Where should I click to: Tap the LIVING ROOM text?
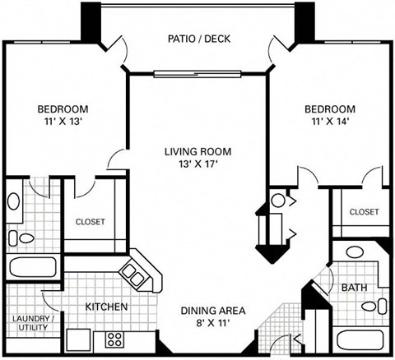click(x=197, y=151)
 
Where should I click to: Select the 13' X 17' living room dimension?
click(x=197, y=164)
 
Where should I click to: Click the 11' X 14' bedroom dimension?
click(x=330, y=122)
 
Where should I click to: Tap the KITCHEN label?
click(x=106, y=307)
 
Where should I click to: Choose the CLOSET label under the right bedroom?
click(x=364, y=212)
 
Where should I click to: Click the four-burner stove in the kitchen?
click(x=114, y=339)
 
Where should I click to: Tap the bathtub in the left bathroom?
click(x=32, y=266)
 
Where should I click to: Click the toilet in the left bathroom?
click(x=25, y=238)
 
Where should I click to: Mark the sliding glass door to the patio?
click(x=197, y=72)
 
